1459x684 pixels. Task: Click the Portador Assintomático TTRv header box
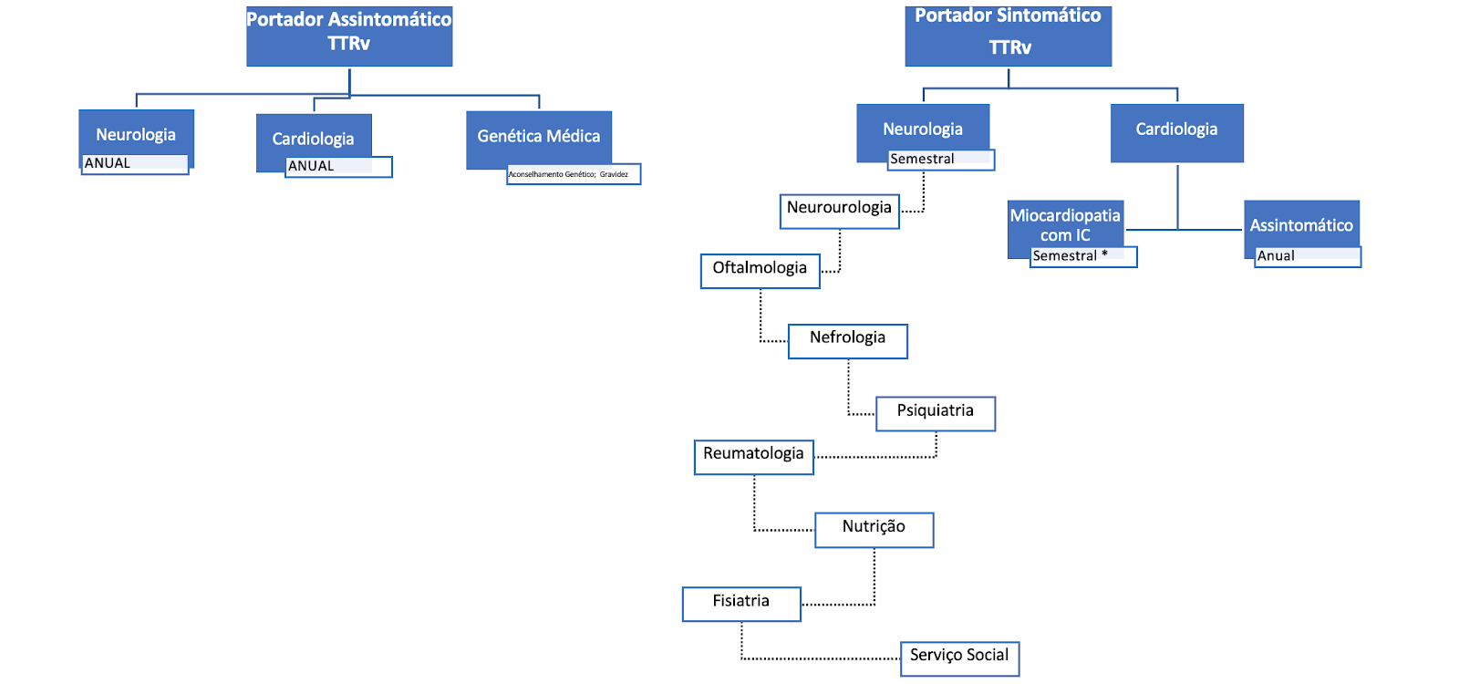click(349, 36)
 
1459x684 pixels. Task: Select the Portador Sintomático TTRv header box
click(1008, 36)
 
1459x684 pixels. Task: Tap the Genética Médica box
click(538, 137)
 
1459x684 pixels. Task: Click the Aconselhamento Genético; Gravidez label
click(574, 174)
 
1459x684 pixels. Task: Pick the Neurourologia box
click(839, 211)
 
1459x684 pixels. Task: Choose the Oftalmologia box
click(760, 271)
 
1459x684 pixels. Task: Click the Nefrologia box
click(847, 341)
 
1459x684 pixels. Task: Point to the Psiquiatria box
click(935, 413)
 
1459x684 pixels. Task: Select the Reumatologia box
click(753, 457)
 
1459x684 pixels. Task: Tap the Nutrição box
click(874, 530)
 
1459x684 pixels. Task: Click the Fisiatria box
click(741, 604)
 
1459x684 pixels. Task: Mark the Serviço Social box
click(959, 658)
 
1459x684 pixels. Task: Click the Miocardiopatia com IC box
click(1065, 223)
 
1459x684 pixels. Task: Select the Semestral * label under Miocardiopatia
click(1083, 257)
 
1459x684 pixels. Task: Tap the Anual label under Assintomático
click(1307, 257)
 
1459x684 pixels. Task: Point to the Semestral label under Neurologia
click(940, 160)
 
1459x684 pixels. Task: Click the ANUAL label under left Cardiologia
click(338, 167)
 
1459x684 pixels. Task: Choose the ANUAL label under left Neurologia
click(135, 164)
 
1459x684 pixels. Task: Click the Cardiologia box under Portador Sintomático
click(1176, 133)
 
